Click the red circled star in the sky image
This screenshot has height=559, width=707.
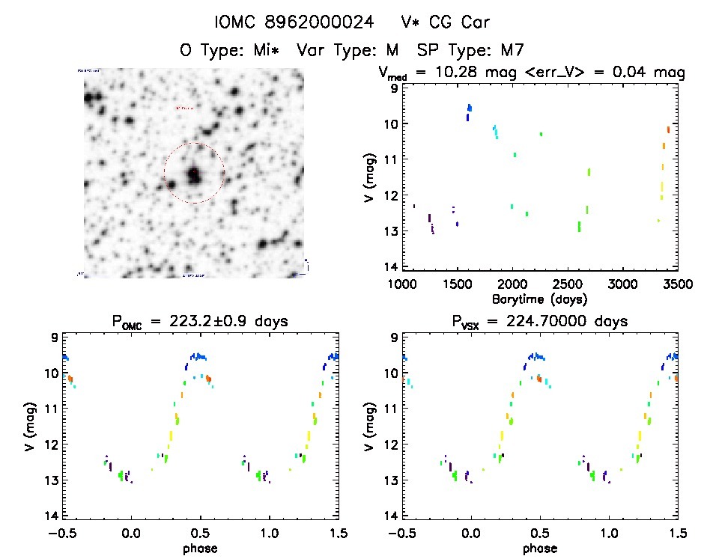coord(194,174)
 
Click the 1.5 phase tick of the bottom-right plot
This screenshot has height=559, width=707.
coord(676,533)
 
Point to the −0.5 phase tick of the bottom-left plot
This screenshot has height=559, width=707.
coord(60,533)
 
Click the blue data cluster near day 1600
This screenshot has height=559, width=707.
coord(469,111)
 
